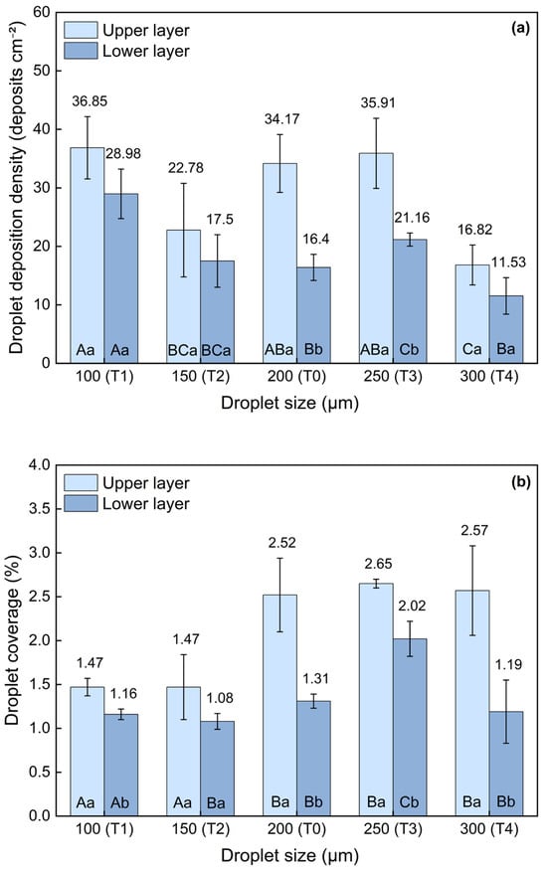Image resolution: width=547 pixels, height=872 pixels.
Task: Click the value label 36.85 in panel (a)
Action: tap(90, 101)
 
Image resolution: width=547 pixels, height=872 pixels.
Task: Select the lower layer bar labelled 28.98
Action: tap(120, 278)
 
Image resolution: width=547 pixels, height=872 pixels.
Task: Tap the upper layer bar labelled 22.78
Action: tap(184, 296)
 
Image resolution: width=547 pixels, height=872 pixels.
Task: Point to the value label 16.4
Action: tap(315, 240)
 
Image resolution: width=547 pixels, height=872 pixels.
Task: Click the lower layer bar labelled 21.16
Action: tap(410, 301)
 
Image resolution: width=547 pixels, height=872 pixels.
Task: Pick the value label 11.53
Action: tap(508, 262)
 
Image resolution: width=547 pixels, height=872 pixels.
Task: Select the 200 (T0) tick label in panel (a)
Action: tap(296, 377)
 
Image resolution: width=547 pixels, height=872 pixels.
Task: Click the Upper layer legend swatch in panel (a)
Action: tap(81, 30)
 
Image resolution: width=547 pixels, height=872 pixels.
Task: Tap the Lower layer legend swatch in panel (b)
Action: tap(81, 503)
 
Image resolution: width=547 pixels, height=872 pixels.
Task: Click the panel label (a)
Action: tap(521, 29)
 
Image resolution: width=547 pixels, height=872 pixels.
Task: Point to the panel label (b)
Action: tap(521, 482)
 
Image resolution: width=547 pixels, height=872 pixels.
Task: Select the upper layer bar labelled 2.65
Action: tap(376, 700)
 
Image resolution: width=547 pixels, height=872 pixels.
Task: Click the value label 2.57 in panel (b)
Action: tap(474, 531)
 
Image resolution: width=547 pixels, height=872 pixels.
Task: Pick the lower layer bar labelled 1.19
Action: tap(506, 764)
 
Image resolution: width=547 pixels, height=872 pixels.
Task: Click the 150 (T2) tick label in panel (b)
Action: tap(200, 829)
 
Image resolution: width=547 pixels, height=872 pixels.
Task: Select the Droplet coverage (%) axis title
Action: tap(13, 640)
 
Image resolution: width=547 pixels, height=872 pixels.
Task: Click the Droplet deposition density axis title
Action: tap(17, 187)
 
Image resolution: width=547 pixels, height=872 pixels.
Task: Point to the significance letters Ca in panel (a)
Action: tap(472, 350)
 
